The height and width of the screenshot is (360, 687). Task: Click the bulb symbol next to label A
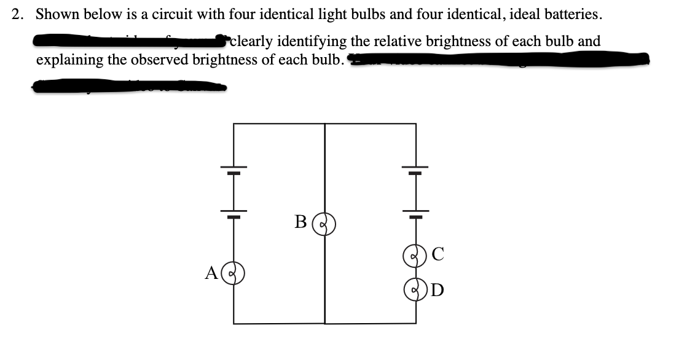click(234, 273)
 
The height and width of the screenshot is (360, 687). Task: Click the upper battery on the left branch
click(233, 170)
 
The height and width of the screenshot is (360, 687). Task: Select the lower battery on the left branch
click(233, 215)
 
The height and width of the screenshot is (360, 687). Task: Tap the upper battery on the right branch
click(415, 170)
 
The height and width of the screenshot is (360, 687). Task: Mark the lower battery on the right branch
click(415, 214)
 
